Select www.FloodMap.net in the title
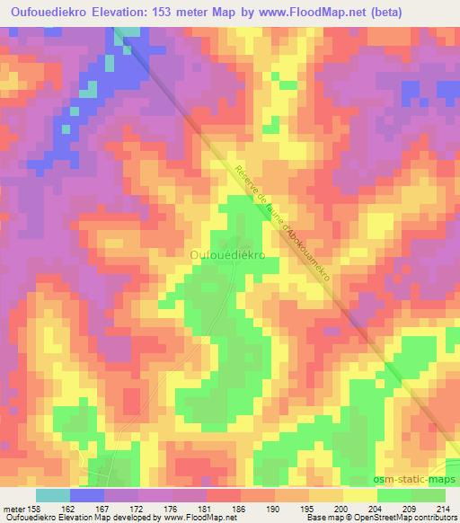(x=306, y=12)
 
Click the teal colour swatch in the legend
(x=53, y=494)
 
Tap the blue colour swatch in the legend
(x=87, y=494)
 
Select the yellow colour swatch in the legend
(x=360, y=494)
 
